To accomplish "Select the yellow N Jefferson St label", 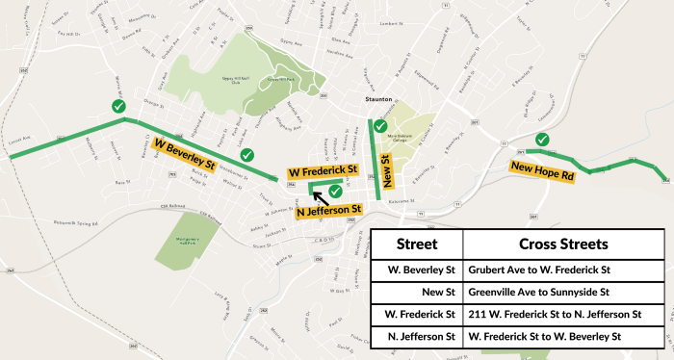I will (328, 210).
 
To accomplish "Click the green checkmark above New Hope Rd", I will (543, 140).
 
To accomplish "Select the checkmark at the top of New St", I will (380, 126).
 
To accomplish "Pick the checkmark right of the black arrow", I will (336, 191).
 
